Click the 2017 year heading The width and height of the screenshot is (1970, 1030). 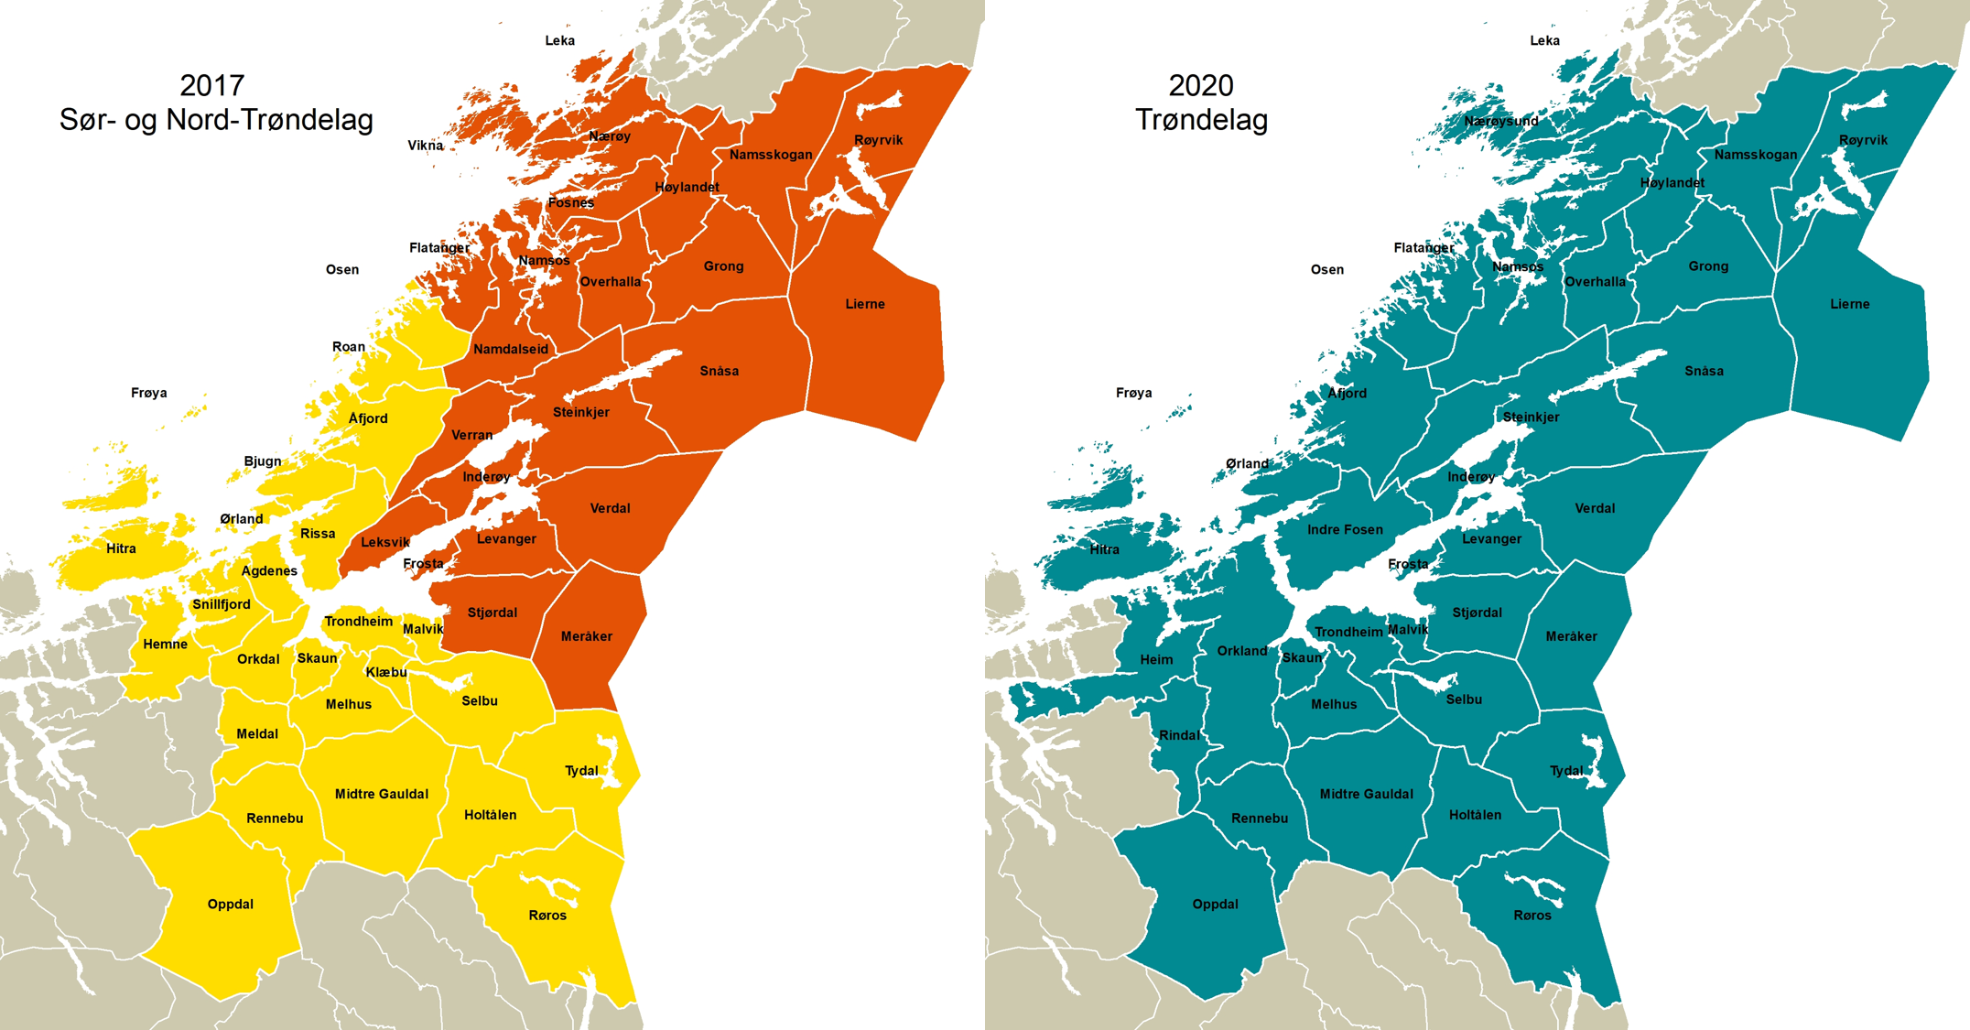coord(212,85)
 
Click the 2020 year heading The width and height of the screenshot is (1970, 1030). coord(1200,85)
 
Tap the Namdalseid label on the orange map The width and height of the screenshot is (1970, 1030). coord(511,349)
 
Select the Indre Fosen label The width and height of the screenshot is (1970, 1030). coord(1345,529)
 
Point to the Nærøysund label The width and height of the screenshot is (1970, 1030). coord(1501,121)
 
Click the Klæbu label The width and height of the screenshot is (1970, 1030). coord(386,672)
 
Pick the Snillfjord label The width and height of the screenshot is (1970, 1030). coord(222,604)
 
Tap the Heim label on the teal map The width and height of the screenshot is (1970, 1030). coord(1156,659)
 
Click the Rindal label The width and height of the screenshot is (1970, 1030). coord(1179,735)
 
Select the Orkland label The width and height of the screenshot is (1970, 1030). coord(1242,651)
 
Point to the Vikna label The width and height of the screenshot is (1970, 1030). coord(425,146)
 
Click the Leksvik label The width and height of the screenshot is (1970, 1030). coord(385,542)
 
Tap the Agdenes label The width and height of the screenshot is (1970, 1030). coord(269,570)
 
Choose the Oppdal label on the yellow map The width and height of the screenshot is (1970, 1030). coord(230,904)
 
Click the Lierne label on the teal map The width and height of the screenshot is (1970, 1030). coord(1849,304)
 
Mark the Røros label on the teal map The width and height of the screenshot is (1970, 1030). coord(1532,915)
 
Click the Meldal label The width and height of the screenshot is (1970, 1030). coord(257,733)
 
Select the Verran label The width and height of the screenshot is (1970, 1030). coord(472,435)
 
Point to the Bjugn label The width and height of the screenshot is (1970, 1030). coord(263,461)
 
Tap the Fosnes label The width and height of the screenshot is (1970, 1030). coord(571,202)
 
